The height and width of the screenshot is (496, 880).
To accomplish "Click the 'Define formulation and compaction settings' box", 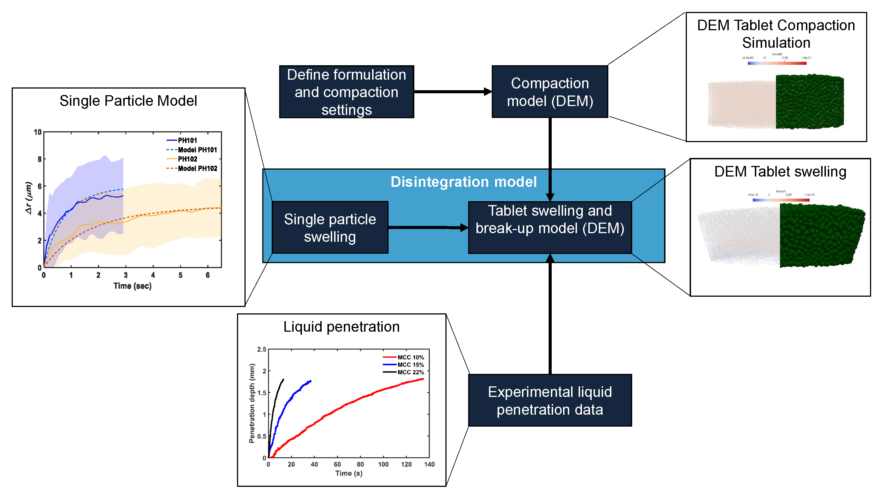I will click(x=346, y=92).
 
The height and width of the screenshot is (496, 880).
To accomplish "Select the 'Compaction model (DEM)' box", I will click(x=550, y=92).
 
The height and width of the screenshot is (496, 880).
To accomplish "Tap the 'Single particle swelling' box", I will click(x=330, y=228).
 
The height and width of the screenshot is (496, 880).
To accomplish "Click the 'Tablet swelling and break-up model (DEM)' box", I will click(x=550, y=228).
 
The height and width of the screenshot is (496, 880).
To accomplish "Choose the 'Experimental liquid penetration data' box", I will click(x=550, y=400).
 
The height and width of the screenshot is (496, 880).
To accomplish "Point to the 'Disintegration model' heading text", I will click(x=463, y=182).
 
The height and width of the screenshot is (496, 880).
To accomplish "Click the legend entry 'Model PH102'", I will click(x=197, y=168).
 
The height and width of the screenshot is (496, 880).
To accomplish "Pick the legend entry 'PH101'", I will click(x=187, y=140).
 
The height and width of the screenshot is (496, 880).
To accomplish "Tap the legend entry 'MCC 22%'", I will click(x=410, y=372).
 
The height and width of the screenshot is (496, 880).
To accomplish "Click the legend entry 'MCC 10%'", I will click(x=410, y=357).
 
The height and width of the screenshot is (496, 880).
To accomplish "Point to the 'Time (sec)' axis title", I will click(x=133, y=286).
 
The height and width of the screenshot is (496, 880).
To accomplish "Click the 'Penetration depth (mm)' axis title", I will click(x=252, y=403).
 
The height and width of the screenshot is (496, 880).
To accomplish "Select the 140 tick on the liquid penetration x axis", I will click(x=429, y=464).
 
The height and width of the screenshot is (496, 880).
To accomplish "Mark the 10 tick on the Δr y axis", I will click(x=37, y=132).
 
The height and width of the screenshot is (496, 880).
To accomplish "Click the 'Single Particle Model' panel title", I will click(x=128, y=101).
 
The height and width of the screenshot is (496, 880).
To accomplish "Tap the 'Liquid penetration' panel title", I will click(x=341, y=327).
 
